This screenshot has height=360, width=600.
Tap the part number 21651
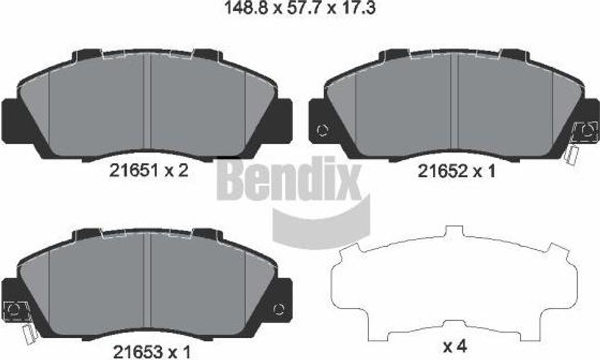click(x=132, y=171)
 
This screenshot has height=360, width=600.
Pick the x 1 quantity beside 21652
click(x=482, y=171)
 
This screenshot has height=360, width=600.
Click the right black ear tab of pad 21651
click(x=282, y=117)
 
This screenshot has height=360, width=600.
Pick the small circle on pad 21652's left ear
click(x=322, y=130)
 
